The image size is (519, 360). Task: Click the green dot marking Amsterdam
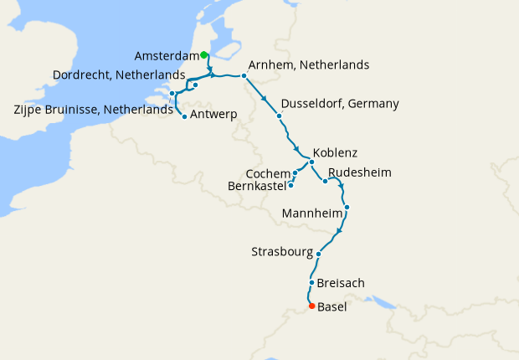204,55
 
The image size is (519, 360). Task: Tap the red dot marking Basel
311,306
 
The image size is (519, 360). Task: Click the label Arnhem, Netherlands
309,65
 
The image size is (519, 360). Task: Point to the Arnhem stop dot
244,76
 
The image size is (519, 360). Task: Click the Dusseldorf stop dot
278,116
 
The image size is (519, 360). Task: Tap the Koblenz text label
335,153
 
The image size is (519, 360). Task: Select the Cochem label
267,173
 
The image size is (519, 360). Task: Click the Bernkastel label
257,186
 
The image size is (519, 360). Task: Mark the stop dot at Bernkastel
290,184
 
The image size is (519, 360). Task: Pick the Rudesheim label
360,173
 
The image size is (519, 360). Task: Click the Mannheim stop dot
347,207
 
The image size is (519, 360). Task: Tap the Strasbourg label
282,252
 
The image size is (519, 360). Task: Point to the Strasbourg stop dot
319,254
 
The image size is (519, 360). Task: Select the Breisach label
341,283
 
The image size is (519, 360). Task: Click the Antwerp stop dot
184,116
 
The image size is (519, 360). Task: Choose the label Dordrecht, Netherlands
118,75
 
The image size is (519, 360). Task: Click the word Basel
332,307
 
